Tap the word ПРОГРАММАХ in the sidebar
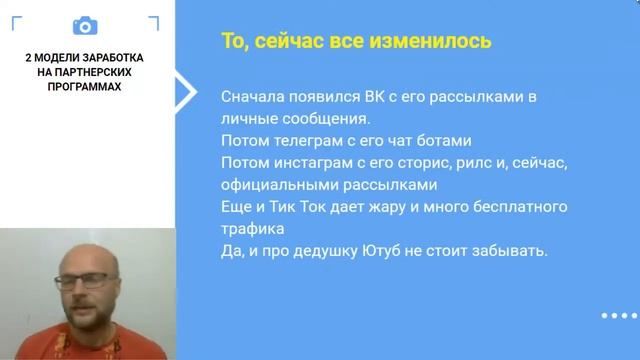[86, 87]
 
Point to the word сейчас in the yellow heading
[290, 42]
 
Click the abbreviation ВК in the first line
[374, 97]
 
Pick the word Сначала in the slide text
[252, 97]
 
